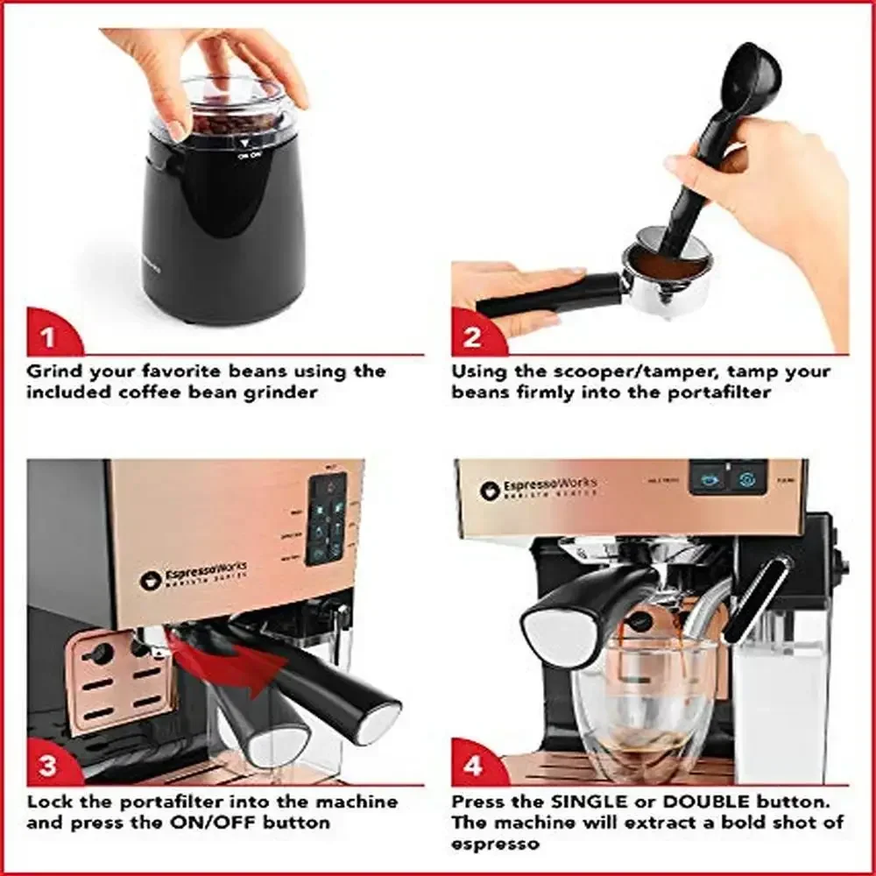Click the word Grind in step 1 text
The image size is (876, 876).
(x=53, y=371)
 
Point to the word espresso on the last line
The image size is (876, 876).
(x=495, y=844)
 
